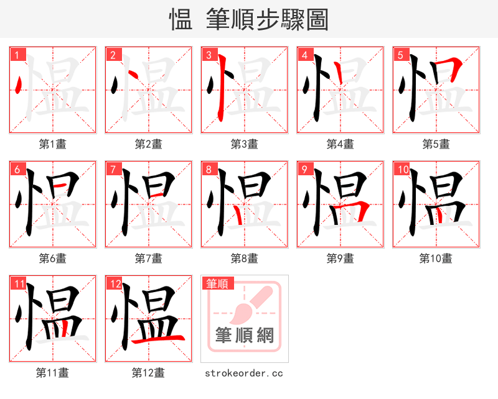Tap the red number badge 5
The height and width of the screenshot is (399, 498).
point(400,55)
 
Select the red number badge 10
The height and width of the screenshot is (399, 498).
point(402,169)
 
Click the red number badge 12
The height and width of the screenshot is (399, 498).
point(115,283)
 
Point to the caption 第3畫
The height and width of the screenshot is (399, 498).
point(244,144)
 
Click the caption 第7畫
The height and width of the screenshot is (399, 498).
point(148,258)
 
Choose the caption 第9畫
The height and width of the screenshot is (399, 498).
point(340,258)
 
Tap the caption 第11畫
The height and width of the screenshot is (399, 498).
point(52,372)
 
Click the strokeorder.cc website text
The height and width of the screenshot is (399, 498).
point(244,373)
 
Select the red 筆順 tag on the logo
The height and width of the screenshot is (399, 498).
point(217,283)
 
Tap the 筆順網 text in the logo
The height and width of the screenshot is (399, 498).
point(245,335)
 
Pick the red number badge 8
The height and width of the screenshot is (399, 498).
point(209,169)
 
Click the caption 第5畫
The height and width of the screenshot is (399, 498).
point(436,144)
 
